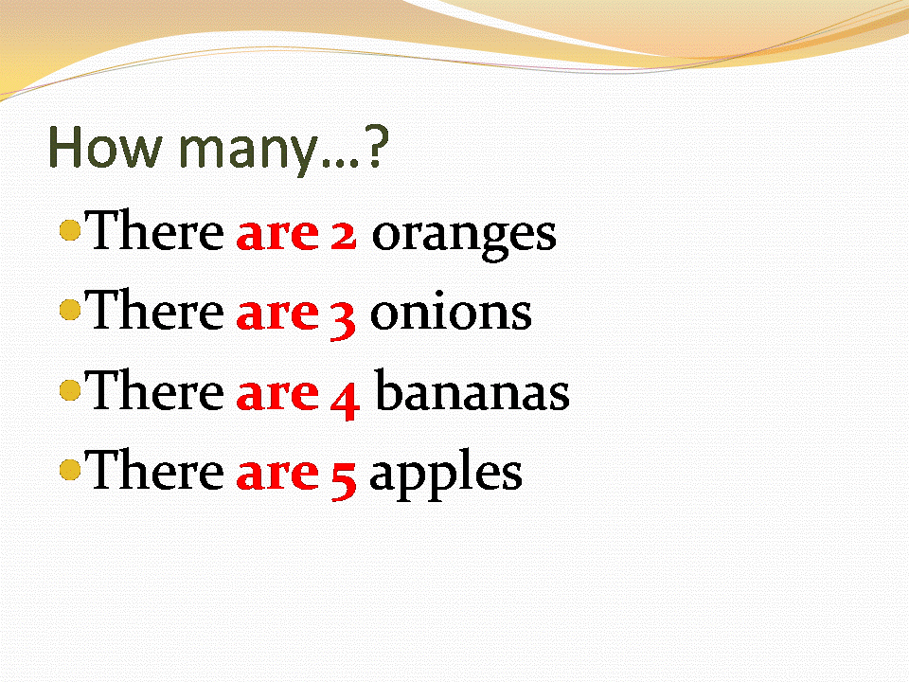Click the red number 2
pos(343,233)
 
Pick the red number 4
pos(345,396)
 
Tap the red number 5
pos(343,476)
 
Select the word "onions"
pos(451,313)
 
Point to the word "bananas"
pos(472,392)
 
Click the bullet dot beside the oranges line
pos(69,229)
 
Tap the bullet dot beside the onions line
pos(69,309)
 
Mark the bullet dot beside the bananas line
pos(69,389)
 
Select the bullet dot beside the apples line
pos(69,469)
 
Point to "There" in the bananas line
pos(155,391)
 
